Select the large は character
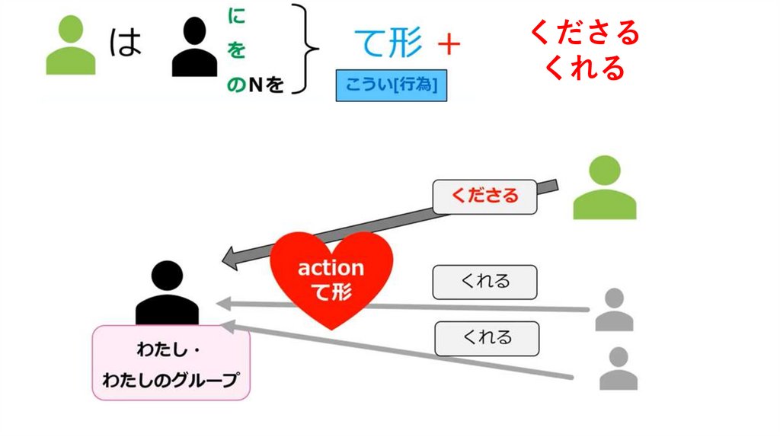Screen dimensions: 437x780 pos(126,43)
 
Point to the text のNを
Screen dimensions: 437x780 pos(255,85)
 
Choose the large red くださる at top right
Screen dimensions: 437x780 pos(584,33)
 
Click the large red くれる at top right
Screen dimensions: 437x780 pos(584,69)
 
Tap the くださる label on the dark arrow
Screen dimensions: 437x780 pos(484,196)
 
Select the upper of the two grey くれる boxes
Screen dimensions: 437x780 pos(484,282)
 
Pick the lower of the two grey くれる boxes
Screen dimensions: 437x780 pos(487,337)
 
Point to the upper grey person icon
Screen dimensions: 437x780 pos(614,309)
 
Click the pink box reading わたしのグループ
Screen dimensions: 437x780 pos(171,363)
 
